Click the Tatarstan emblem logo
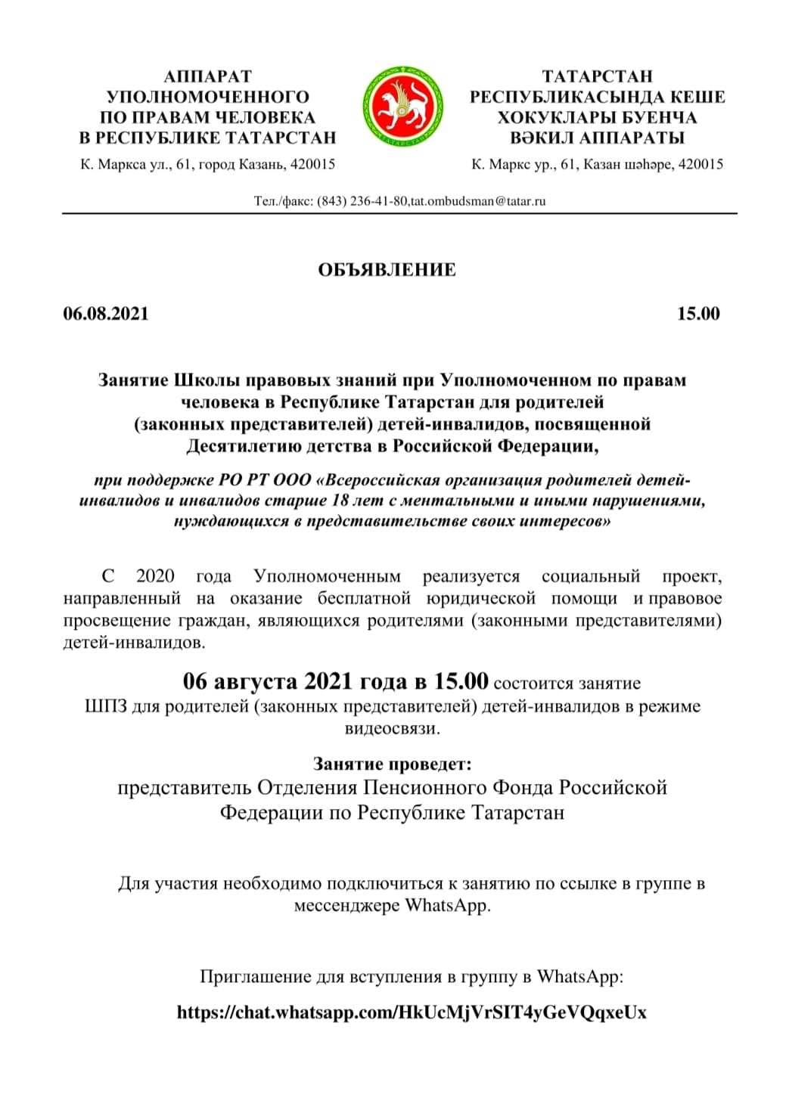click(x=402, y=107)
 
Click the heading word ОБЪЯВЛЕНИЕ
click(x=387, y=271)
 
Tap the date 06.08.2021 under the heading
click(x=106, y=314)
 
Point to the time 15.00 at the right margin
click(x=698, y=314)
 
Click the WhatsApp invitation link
click(x=412, y=1012)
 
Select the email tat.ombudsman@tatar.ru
click(x=478, y=201)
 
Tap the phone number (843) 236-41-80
click(x=362, y=201)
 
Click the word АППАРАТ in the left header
click(x=207, y=76)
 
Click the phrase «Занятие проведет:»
click(x=392, y=764)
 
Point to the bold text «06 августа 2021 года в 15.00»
click(x=335, y=681)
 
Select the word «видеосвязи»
click(x=392, y=729)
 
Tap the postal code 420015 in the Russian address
click(x=312, y=164)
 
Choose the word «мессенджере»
click(x=347, y=905)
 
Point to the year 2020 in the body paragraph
click(x=155, y=576)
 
